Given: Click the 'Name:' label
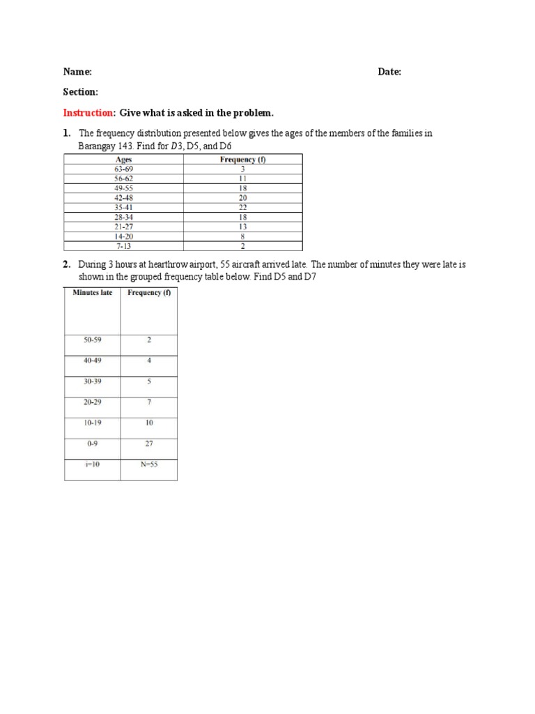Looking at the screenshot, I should coord(77,72).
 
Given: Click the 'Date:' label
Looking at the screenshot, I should coord(389,72).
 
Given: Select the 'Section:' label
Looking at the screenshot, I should coord(81,92).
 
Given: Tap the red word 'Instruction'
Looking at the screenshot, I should coord(88,113).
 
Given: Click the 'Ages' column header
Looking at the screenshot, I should coord(123,160).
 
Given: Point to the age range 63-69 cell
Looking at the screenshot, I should coord(123,169).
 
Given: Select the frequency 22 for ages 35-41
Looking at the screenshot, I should coord(242,207).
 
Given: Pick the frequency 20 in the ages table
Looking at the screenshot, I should coord(242,198).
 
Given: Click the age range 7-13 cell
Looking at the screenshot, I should coord(123,246).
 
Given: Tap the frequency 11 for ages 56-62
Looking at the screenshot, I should coord(242,178).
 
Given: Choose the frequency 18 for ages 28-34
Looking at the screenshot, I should coord(242,217).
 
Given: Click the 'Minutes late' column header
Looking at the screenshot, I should coord(92,293).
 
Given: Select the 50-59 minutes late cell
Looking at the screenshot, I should coord(92,340).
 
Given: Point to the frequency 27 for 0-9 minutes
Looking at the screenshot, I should coord(149,443).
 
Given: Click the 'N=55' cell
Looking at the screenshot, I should coord(149,464).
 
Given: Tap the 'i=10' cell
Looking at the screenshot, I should coord(92,464).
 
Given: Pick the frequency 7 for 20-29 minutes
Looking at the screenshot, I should coord(149,402).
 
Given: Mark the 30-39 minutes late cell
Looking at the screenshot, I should coord(92,381).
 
